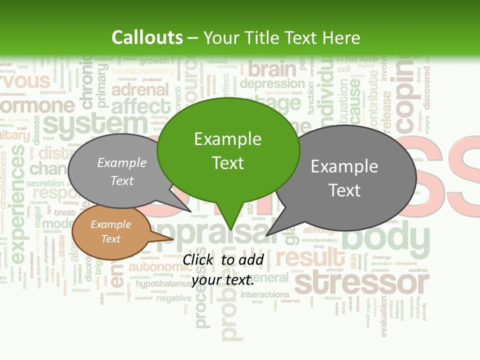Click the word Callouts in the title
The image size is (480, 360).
pos(147,37)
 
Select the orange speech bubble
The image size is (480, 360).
pos(110,232)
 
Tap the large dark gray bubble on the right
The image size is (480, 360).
pos(345,178)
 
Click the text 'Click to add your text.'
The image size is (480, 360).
pos(223,270)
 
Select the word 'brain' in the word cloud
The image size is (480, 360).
pos(272,68)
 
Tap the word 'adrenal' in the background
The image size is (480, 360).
pos(140,90)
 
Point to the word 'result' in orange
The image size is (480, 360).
pos(310,257)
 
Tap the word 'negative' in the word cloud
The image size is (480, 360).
pos(173,298)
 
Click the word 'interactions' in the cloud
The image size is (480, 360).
pos(265,294)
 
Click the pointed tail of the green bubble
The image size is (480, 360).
pos(230,227)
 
